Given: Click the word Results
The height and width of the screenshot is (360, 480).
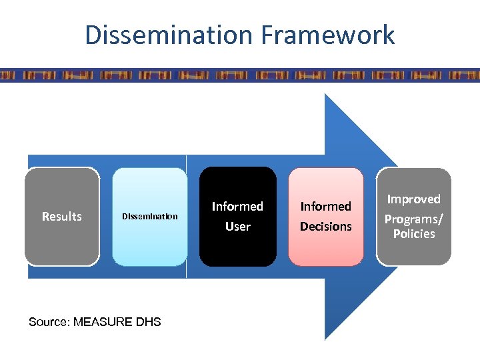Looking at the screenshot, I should click(61, 216).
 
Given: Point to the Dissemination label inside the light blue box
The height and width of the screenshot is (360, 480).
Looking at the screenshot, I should click(149, 216).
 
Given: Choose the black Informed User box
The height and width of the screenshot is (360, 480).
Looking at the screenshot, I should click(237, 250).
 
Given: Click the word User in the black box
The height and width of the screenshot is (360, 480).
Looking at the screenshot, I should click(237, 227).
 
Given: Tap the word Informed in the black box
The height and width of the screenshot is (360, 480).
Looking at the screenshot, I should click(237, 207).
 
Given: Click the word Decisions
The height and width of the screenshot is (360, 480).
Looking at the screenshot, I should click(325, 227).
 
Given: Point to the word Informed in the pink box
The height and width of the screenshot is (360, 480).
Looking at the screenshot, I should click(325, 207).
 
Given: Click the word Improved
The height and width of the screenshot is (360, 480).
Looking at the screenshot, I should click(414, 199).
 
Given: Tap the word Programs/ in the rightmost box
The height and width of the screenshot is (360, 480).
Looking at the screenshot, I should click(414, 218).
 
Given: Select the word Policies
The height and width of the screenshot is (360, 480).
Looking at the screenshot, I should click(414, 234).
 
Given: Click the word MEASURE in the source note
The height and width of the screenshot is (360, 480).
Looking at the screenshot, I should click(103, 322).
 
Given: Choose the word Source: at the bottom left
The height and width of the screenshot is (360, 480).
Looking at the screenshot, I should click(49, 322).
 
